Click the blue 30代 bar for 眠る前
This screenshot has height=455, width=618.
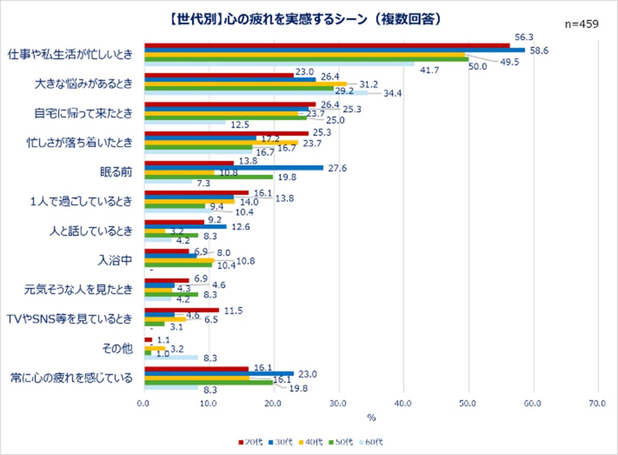click(234, 167)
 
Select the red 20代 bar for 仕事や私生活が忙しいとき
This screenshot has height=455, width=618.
click(327, 45)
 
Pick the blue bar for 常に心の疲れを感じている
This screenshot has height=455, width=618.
click(219, 373)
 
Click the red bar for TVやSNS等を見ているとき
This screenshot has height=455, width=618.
click(182, 310)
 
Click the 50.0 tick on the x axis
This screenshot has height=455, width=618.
click(468, 403)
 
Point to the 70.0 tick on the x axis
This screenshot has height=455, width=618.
click(597, 403)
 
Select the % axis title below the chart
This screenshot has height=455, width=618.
click(371, 418)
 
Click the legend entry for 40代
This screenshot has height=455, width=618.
click(313, 442)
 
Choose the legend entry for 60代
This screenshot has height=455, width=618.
click(372, 442)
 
